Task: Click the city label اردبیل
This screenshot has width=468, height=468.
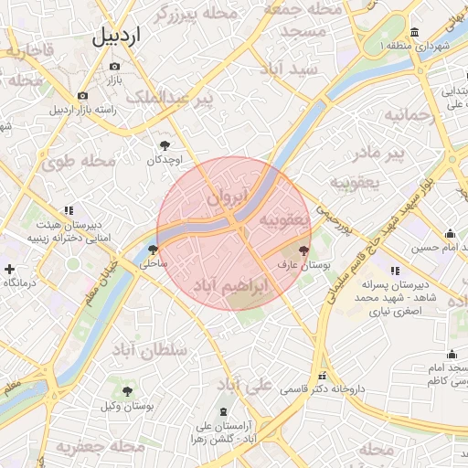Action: click(x=117, y=37)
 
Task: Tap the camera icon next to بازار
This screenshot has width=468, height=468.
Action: click(x=114, y=67)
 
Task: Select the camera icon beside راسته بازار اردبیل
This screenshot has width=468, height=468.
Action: click(x=83, y=96)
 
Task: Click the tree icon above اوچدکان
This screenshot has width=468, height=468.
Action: click(x=165, y=144)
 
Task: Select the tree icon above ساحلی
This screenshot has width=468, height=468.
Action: click(x=152, y=250)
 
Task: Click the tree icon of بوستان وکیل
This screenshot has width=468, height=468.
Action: click(x=127, y=391)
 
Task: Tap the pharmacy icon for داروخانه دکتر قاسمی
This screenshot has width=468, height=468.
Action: click(x=321, y=376)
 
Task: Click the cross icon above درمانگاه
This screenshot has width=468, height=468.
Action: click(x=9, y=269)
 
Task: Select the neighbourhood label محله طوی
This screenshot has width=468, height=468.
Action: click(x=79, y=162)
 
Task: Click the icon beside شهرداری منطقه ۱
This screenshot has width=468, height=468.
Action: click(x=415, y=31)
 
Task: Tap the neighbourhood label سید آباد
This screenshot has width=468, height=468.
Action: click(x=289, y=69)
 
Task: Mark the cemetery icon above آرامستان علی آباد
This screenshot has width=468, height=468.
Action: click(x=225, y=411)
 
